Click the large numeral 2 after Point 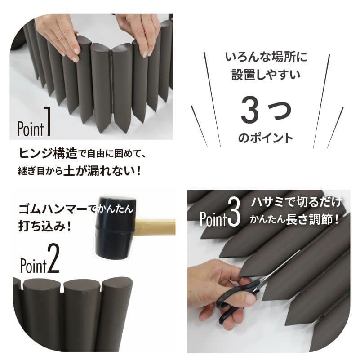pyautogui.click(x=53, y=264)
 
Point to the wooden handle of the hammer pyautogui.click(x=156, y=227)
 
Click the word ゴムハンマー pyautogui.click(x=49, y=209)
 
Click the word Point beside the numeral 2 pyautogui.click(x=33, y=266)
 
